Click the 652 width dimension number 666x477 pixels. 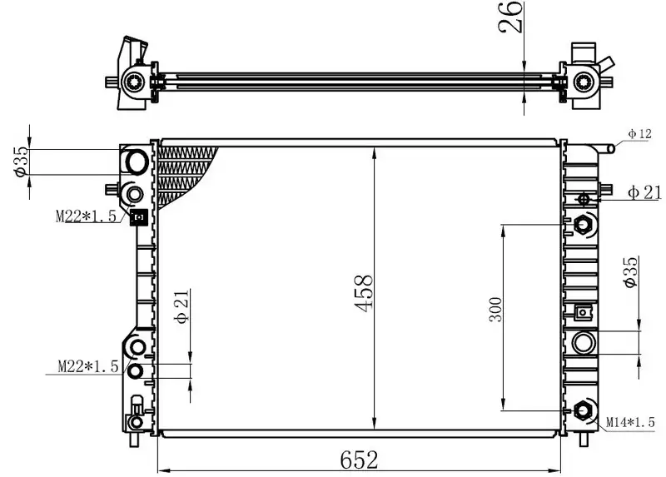[359, 459]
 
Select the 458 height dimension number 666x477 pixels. [365, 293]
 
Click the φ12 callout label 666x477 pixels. [639, 133]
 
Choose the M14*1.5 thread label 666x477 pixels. [630, 423]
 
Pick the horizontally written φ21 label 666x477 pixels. [644, 192]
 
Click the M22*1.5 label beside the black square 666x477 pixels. [87, 217]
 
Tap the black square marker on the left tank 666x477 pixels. [139, 218]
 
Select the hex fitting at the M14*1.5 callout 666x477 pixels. [584, 410]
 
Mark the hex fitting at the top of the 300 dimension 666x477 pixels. [584, 224]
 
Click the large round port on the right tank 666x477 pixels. [584, 342]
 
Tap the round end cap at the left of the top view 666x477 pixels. [134, 81]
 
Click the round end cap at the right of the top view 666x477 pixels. [584, 81]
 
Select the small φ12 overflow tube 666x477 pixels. [611, 148]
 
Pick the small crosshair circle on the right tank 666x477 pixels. [583, 199]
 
